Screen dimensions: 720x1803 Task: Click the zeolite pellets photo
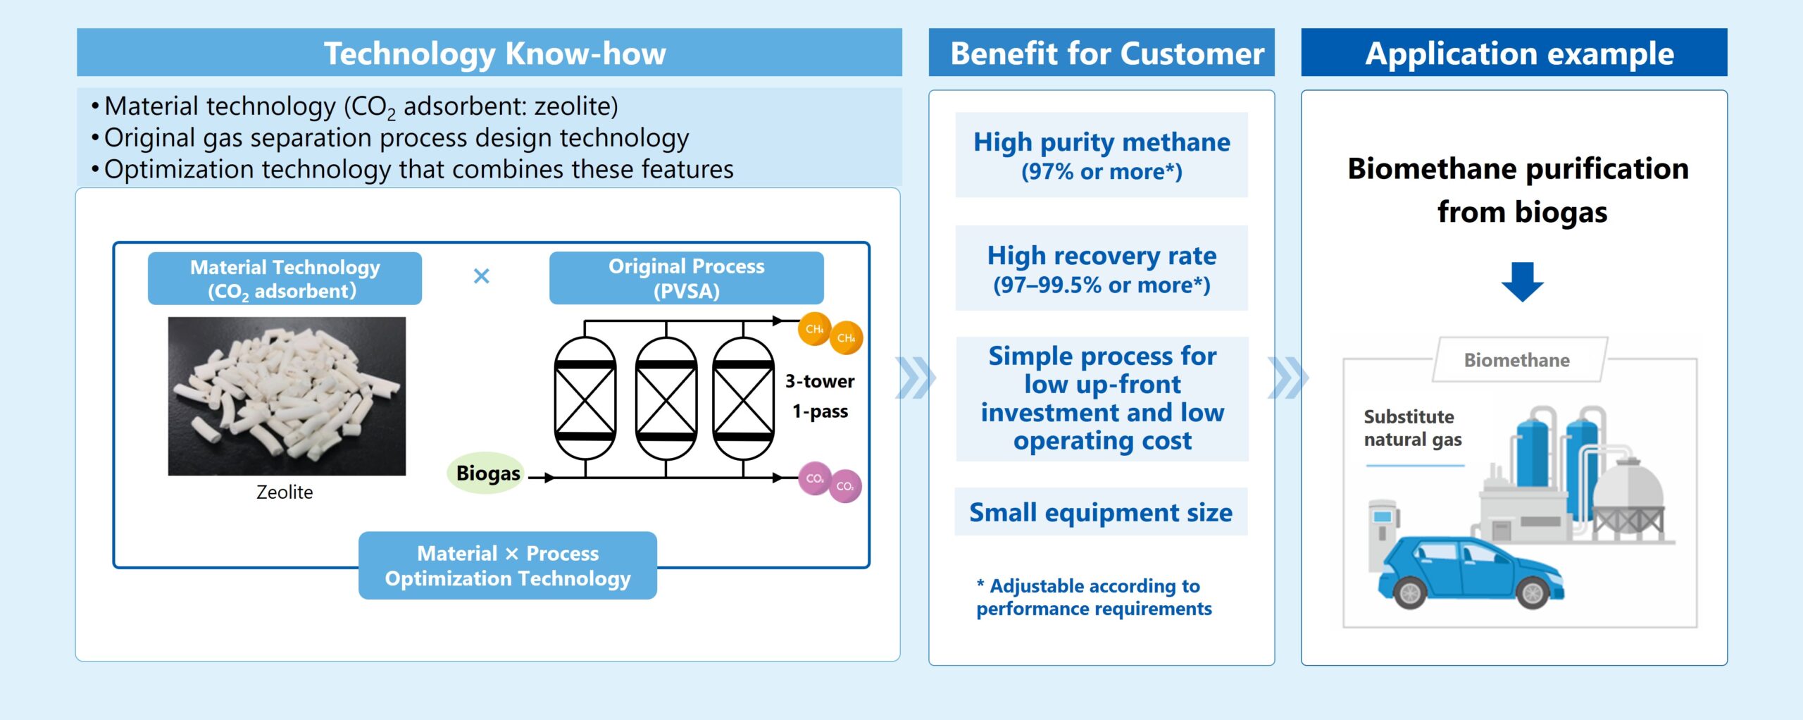[287, 396]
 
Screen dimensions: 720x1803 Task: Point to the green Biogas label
[487, 473]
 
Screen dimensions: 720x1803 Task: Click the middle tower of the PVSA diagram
[666, 399]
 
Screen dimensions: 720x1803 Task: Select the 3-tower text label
[820, 381]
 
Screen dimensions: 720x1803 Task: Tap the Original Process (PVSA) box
[686, 278]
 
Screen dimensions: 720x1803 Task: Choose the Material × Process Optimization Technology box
[507, 566]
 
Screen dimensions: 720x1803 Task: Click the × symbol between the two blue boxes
[482, 276]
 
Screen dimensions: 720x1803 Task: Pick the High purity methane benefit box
[1102, 155]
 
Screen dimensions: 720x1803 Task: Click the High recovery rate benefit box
[1102, 268]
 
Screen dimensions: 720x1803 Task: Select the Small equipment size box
[1101, 512]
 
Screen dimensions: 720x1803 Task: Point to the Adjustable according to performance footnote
[1094, 597]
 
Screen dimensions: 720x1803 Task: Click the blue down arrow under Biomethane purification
[1522, 282]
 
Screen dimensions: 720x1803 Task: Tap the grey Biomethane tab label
[1517, 360]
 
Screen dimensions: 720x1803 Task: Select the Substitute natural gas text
[1412, 428]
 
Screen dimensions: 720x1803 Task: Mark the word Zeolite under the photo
[285, 492]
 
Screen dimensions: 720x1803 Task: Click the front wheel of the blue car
[1533, 593]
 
